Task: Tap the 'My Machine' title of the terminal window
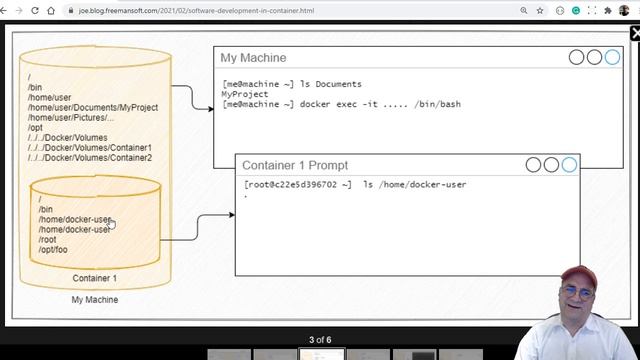(253, 58)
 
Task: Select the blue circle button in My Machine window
(612, 57)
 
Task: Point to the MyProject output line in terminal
(244, 94)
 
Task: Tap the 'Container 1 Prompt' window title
(295, 165)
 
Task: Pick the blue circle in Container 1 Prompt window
(569, 164)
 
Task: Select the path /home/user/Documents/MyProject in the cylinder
(91, 107)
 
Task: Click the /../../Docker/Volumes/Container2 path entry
(90, 158)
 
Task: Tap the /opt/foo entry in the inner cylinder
(54, 250)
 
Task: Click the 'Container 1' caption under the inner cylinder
(95, 278)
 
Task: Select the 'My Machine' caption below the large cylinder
(95, 300)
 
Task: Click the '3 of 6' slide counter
(320, 340)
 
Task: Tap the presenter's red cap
(578, 275)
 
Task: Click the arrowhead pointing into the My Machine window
(211, 108)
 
